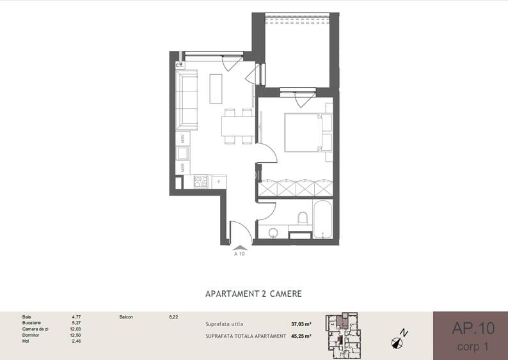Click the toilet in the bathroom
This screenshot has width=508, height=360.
[x=303, y=218]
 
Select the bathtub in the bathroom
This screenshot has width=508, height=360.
[x=322, y=219]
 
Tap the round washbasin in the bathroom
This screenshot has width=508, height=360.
[x=274, y=233]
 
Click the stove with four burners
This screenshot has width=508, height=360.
[x=201, y=182]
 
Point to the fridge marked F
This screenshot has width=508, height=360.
[x=219, y=182]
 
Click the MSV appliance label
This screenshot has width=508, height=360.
[x=183, y=139]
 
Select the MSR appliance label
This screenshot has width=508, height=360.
[x=183, y=168]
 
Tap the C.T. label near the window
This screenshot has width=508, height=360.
[x=180, y=65]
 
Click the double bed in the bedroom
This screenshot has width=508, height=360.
[x=308, y=132]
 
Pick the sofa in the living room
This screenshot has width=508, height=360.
[x=187, y=100]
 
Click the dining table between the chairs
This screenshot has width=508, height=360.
[x=238, y=126]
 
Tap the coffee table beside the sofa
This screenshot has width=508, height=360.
[x=216, y=89]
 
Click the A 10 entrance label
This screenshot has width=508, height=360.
[x=239, y=254]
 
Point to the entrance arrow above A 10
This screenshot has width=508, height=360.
[x=240, y=247]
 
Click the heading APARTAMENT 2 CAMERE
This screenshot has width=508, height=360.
[x=253, y=293]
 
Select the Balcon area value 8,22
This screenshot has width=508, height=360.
[x=173, y=317]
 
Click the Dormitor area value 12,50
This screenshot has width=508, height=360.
[x=75, y=335]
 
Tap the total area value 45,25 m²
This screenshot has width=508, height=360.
[x=301, y=336]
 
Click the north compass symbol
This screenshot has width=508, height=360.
[x=399, y=339]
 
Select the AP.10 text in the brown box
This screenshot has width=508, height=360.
[x=473, y=328]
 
